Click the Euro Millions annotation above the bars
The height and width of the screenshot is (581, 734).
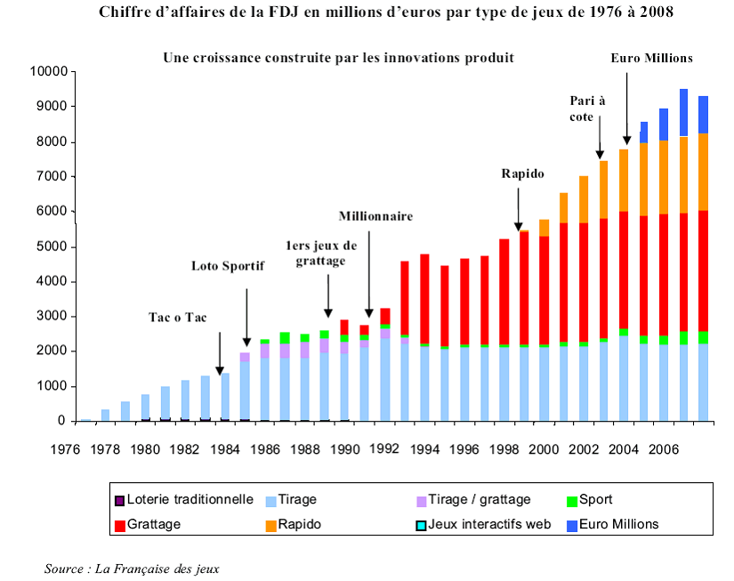[651, 59]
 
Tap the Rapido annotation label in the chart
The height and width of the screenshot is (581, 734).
[522, 174]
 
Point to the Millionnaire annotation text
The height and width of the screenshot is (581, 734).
[375, 216]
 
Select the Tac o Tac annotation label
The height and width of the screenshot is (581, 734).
[178, 317]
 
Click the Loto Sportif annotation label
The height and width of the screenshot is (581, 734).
[230, 265]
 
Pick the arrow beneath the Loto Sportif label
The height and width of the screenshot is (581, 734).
[247, 317]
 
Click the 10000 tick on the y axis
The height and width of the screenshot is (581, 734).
[48, 71]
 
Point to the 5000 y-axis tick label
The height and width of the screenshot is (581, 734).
[52, 246]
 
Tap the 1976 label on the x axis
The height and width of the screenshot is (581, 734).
[65, 449]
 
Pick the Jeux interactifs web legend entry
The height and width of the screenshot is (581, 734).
[488, 524]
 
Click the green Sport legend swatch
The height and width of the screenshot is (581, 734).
[571, 501]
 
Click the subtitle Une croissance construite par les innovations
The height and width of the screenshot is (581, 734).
[338, 58]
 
